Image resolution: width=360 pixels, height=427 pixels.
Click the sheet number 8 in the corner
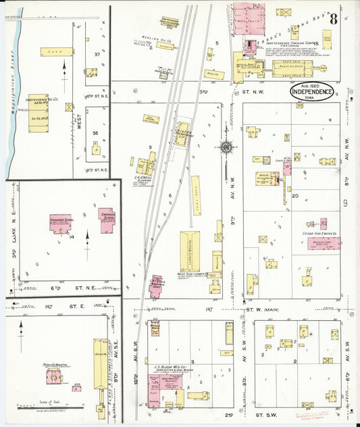pos(333,18)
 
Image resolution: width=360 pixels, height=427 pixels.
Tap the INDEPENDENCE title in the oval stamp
pos(311,91)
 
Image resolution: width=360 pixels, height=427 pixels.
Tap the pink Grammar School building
pos(60,224)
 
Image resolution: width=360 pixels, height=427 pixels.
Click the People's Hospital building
pos(53,376)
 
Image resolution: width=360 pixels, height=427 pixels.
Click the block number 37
pos(97,53)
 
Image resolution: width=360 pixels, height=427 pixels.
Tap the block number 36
pos(95,133)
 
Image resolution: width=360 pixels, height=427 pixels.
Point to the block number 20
pos(295,195)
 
